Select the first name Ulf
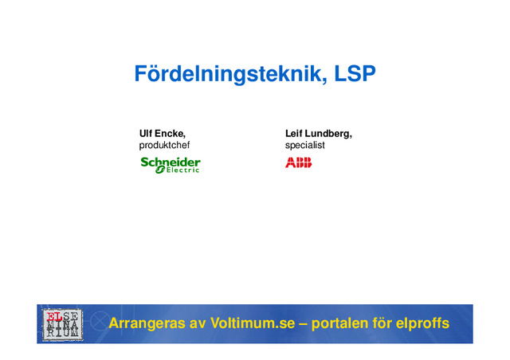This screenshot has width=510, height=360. coord(147,134)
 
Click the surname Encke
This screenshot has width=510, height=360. coord(171,134)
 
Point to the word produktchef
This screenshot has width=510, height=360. coord(164,146)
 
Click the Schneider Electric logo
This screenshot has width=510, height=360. coord(171,165)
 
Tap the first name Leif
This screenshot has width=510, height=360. coord(295,134)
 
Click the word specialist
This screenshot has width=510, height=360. coord(305,146)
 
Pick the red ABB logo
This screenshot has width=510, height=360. coord(299,162)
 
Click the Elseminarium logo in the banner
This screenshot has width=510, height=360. coord(61,324)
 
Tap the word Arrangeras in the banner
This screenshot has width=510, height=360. coord(146,324)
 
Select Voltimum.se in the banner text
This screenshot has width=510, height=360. coord(256,324)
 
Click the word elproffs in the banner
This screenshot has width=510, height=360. coord(423,324)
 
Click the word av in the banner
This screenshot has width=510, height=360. coord(198,324)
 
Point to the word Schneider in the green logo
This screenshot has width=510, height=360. coord(171,162)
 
